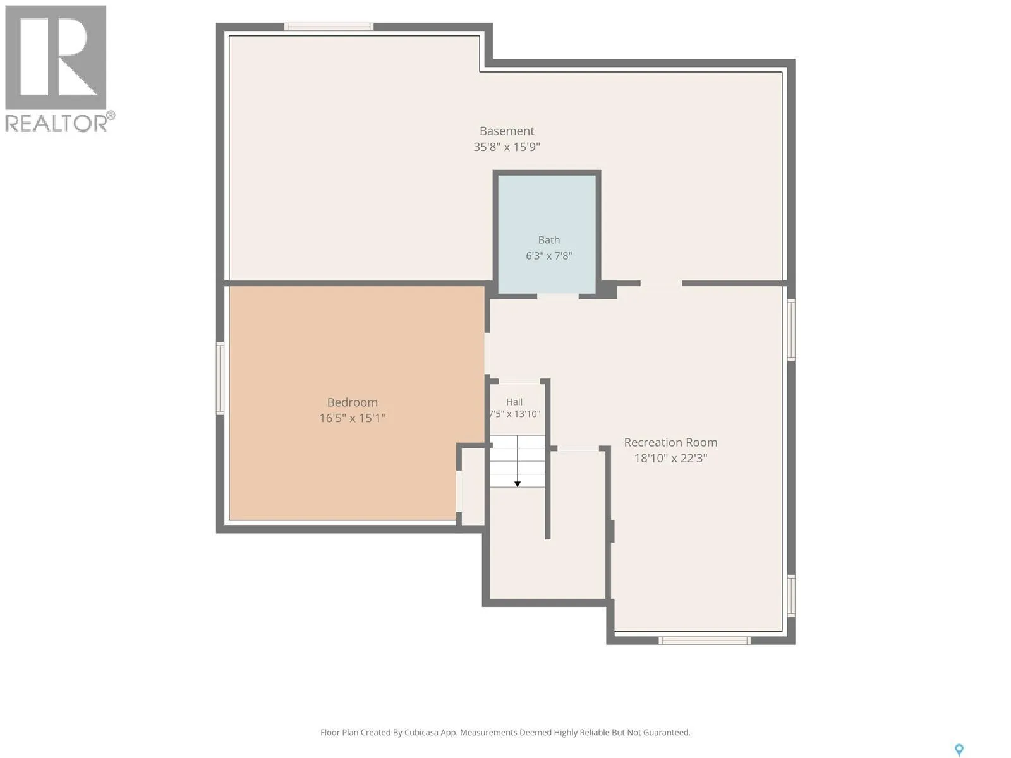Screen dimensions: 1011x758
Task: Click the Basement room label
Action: tap(507, 131)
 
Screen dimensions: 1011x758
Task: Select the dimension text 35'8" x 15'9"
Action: tap(507, 147)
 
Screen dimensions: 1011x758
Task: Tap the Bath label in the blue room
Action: tap(549, 240)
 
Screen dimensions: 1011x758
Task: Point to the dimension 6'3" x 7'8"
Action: tap(549, 255)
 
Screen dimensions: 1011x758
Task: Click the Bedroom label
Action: tap(353, 402)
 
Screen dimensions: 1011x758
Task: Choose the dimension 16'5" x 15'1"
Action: tap(353, 418)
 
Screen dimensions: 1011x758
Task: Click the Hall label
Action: tap(514, 402)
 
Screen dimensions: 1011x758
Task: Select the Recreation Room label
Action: tap(670, 442)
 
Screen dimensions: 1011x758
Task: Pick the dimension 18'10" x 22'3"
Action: tap(670, 458)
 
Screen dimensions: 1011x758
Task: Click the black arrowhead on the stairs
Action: tap(518, 484)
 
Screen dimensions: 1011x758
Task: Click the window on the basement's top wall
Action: tap(329, 27)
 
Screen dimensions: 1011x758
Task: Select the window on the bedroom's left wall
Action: tap(220, 378)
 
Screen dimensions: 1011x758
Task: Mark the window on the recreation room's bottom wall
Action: tap(705, 640)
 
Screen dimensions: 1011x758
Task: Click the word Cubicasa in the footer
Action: tap(421, 733)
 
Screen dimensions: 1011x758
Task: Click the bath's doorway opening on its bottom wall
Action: tap(558, 296)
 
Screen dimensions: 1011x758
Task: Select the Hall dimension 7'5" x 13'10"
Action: tap(514, 414)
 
